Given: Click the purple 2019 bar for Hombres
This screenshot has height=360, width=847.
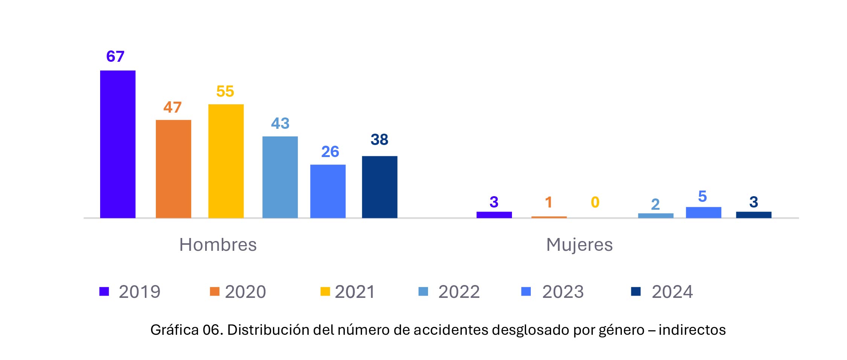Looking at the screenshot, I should point(117,144).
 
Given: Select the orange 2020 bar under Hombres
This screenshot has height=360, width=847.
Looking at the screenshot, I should point(173,169).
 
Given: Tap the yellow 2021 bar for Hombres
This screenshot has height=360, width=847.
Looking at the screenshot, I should point(226,161).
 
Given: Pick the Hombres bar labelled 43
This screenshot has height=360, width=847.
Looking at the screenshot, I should point(280,177).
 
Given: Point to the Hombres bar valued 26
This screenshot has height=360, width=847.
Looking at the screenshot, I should point(328,191).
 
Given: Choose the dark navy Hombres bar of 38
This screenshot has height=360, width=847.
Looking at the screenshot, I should point(379,187).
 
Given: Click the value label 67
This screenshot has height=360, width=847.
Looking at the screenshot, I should point(115,56).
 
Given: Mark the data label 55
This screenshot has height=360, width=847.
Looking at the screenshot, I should point(225,92).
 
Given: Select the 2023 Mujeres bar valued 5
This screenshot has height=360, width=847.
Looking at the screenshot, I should point(703,212).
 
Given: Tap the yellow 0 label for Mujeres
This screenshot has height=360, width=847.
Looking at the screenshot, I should point(595,202).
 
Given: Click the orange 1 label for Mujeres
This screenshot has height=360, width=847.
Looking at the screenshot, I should point(548,202).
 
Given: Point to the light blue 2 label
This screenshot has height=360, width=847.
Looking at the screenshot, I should point(655,204).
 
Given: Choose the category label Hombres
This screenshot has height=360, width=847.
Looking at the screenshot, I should point(218,245).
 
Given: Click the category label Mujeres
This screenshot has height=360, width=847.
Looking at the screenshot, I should point(579,245).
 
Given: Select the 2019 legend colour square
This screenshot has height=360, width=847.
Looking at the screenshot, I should point(104,291).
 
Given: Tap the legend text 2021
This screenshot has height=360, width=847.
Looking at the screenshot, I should point(355,292).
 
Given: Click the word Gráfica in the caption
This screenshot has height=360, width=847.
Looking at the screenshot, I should point(174,330).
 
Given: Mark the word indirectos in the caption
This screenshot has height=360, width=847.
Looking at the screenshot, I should point(692,330).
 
